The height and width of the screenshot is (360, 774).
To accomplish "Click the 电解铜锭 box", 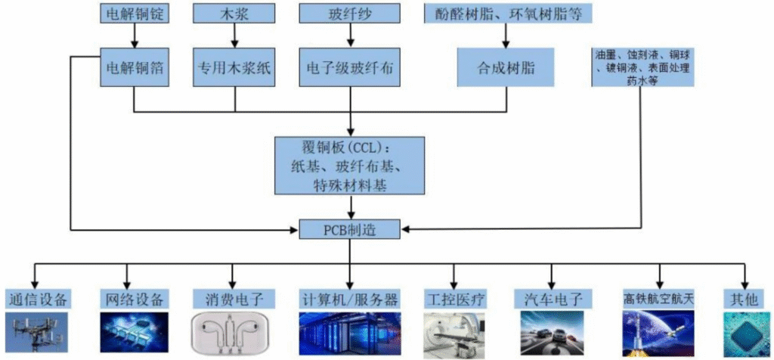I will click(134, 13).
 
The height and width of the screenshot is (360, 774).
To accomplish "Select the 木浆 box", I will click(234, 13).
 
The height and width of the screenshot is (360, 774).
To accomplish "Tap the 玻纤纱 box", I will click(348, 13).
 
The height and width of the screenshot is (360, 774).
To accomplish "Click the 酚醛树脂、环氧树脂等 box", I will click(507, 13).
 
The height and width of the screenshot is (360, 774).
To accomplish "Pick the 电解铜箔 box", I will click(134, 67).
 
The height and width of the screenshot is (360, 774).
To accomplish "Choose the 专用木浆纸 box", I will click(234, 67).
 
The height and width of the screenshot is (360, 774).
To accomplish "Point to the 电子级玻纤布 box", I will click(348, 67).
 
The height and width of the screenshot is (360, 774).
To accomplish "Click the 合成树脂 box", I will click(506, 67).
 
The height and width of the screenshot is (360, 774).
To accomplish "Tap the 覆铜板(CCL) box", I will click(350, 165).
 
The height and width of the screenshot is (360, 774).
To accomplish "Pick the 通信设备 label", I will click(36, 298).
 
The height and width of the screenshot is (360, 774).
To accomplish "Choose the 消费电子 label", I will click(228, 298).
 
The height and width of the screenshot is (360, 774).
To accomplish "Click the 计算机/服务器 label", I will click(348, 298).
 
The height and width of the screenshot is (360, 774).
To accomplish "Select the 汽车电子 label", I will click(551, 298).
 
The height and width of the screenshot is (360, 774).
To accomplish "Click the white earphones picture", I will click(228, 334).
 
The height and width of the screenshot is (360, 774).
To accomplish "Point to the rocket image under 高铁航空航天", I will click(658, 334).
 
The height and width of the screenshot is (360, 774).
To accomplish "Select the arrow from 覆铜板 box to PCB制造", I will click(350, 207).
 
